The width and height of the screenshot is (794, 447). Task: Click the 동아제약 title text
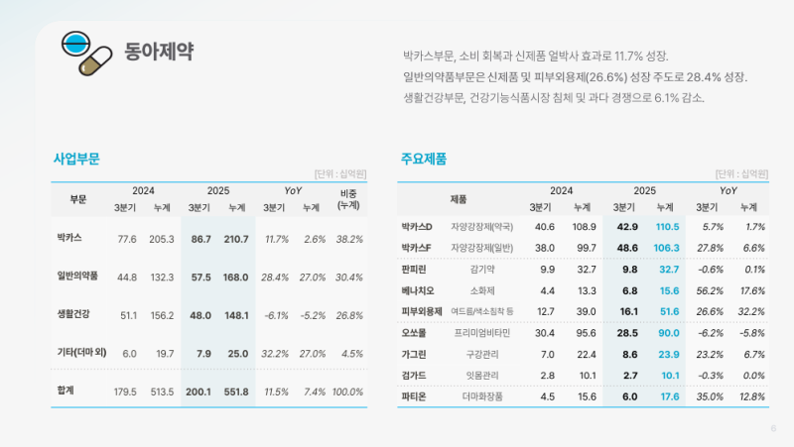pyautogui.click(x=159, y=52)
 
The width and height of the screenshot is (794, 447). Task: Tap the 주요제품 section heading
pyautogui.click(x=424, y=159)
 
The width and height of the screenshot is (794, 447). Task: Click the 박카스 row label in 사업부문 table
pyautogui.click(x=69, y=239)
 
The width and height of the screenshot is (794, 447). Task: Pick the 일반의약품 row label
pyautogui.click(x=77, y=277)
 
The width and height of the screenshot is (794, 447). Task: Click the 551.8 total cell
pyautogui.click(x=236, y=391)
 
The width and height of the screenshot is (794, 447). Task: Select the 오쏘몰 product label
pyautogui.click(x=416, y=333)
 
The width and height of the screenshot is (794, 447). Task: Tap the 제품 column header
pyautogui.click(x=459, y=199)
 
